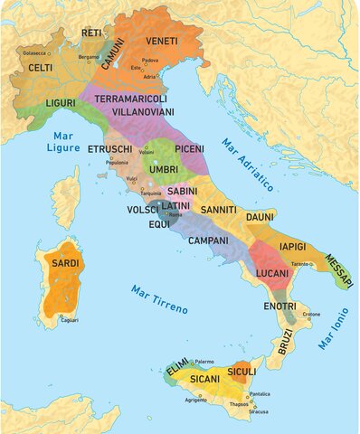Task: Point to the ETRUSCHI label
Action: [x=110, y=148]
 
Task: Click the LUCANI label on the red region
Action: [x=272, y=272]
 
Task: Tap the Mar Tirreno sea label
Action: [x=159, y=299]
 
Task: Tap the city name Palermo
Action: [x=204, y=361]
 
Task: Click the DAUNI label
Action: [x=260, y=218]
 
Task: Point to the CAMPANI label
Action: [x=208, y=241]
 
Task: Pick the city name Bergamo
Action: [x=89, y=56]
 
